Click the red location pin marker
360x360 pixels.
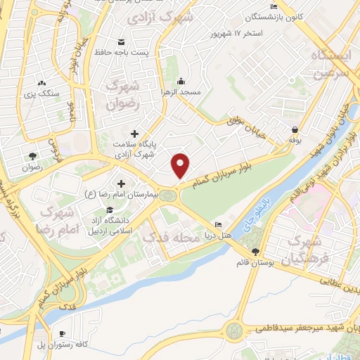[x=181, y=165]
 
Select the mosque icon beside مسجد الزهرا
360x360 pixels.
[x=181, y=79]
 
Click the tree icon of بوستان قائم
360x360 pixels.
[x=255, y=251]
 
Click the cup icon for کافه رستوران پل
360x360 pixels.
[x=63, y=333]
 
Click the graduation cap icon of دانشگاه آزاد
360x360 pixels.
[x=109, y=210]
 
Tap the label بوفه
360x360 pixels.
[x=293, y=141]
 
